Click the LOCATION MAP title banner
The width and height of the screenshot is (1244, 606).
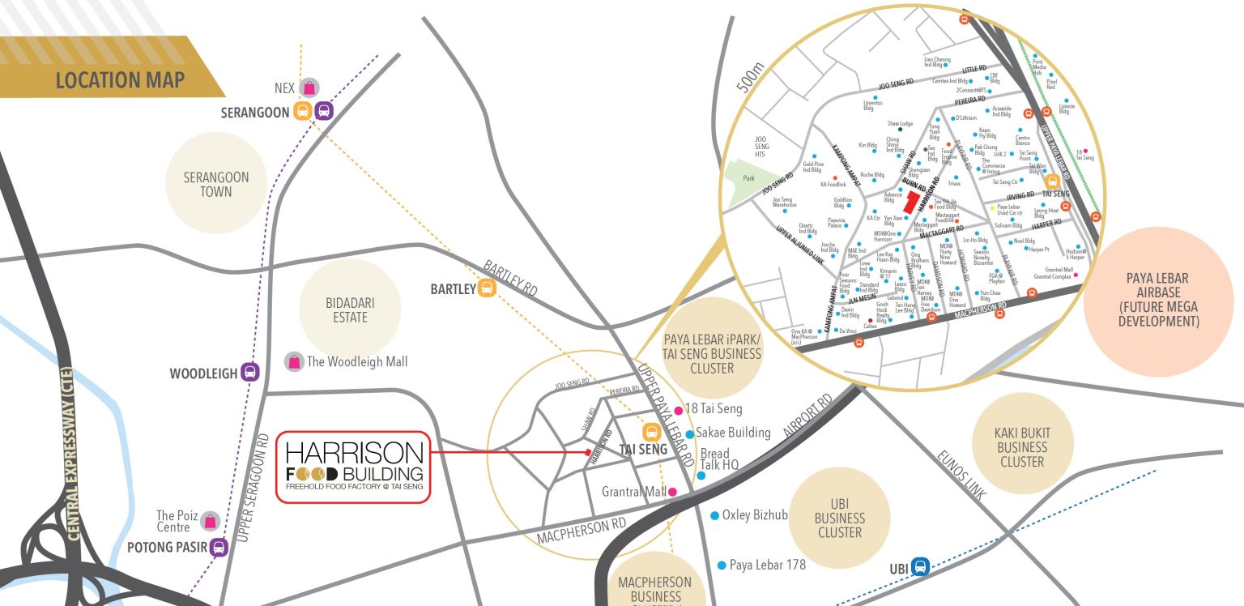point(119,79)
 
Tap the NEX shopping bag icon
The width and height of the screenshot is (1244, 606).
point(309,88)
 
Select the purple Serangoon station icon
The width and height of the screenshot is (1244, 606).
point(324,111)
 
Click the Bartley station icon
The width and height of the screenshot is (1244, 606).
point(487,288)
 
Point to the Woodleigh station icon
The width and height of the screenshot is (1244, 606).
point(250,373)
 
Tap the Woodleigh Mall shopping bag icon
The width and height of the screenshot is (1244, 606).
point(294,361)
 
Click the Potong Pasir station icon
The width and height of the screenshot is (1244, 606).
point(219,547)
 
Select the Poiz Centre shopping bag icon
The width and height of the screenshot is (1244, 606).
point(211,521)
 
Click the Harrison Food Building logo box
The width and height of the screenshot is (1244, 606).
point(353,467)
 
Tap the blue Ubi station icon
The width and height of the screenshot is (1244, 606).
point(919,567)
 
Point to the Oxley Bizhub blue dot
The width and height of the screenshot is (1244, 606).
point(714,515)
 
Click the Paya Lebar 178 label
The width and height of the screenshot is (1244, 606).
point(767,565)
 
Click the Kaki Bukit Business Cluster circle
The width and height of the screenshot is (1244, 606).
point(1021,446)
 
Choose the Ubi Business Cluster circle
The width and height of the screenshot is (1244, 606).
point(839,518)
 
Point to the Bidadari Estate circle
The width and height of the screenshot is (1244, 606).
point(350,310)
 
